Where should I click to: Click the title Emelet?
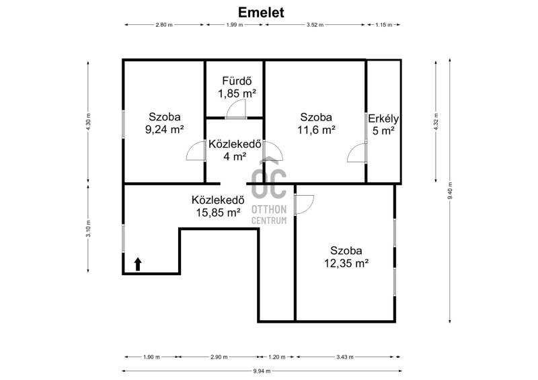pos(261,12)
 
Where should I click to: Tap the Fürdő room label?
pos(237,81)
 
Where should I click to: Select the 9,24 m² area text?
pos(164,129)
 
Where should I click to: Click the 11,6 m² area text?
pos(316,130)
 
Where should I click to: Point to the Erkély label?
pos(383,119)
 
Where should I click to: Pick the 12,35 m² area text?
pos(346,263)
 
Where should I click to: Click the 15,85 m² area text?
pos(218,213)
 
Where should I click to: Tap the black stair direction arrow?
pos(138,264)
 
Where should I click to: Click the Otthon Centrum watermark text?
pos(269,215)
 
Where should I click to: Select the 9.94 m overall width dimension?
pos(262,371)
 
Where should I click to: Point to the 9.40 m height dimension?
pos(450,190)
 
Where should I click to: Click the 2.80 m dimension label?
pos(164,25)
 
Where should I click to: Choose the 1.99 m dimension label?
pos(234,25)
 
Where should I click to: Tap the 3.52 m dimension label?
pos(315,25)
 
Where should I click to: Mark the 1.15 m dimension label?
pos(383,25)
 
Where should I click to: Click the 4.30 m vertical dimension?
pos(88,122)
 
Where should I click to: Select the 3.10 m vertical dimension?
pos(88,229)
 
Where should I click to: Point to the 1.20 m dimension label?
pos(277,357)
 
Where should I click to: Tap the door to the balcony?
pos(357,153)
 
